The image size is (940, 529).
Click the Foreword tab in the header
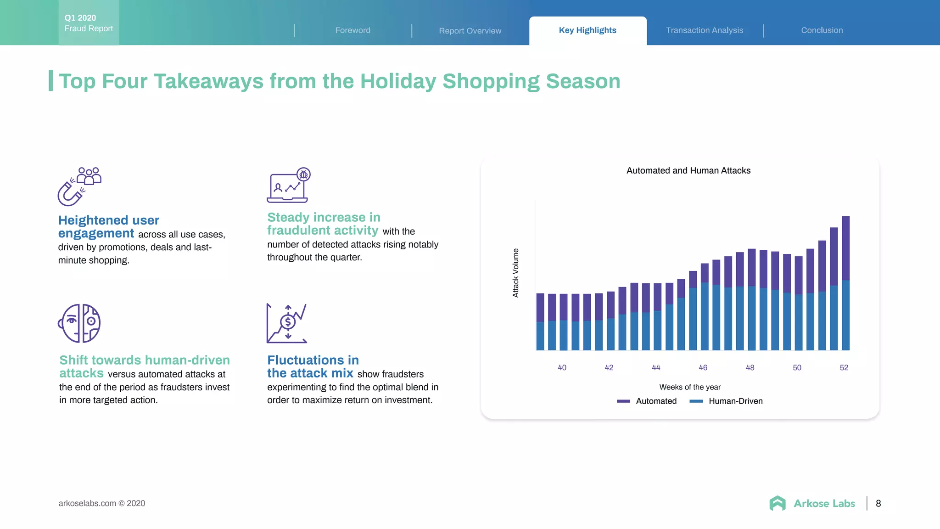(x=352, y=30)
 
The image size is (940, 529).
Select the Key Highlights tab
(x=587, y=30)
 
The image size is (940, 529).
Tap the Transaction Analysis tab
(x=705, y=30)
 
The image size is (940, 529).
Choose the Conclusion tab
(x=822, y=30)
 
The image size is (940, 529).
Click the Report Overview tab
(x=470, y=31)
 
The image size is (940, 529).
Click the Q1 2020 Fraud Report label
(x=89, y=23)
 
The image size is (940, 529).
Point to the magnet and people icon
(x=79, y=186)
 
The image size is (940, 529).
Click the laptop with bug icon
(x=288, y=186)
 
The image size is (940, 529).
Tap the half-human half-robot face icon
(x=79, y=323)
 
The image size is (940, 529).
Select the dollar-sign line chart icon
(x=287, y=323)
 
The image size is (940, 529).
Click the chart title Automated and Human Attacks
(x=688, y=170)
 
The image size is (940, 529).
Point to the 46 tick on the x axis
(x=703, y=367)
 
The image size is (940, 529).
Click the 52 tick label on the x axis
(x=844, y=367)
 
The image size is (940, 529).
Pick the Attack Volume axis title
(x=515, y=273)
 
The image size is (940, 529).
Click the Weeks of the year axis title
(x=690, y=387)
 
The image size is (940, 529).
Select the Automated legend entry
(x=647, y=401)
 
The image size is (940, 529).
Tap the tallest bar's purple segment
(x=845, y=248)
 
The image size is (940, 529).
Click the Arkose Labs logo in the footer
(x=812, y=503)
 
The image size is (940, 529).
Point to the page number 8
(x=878, y=503)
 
